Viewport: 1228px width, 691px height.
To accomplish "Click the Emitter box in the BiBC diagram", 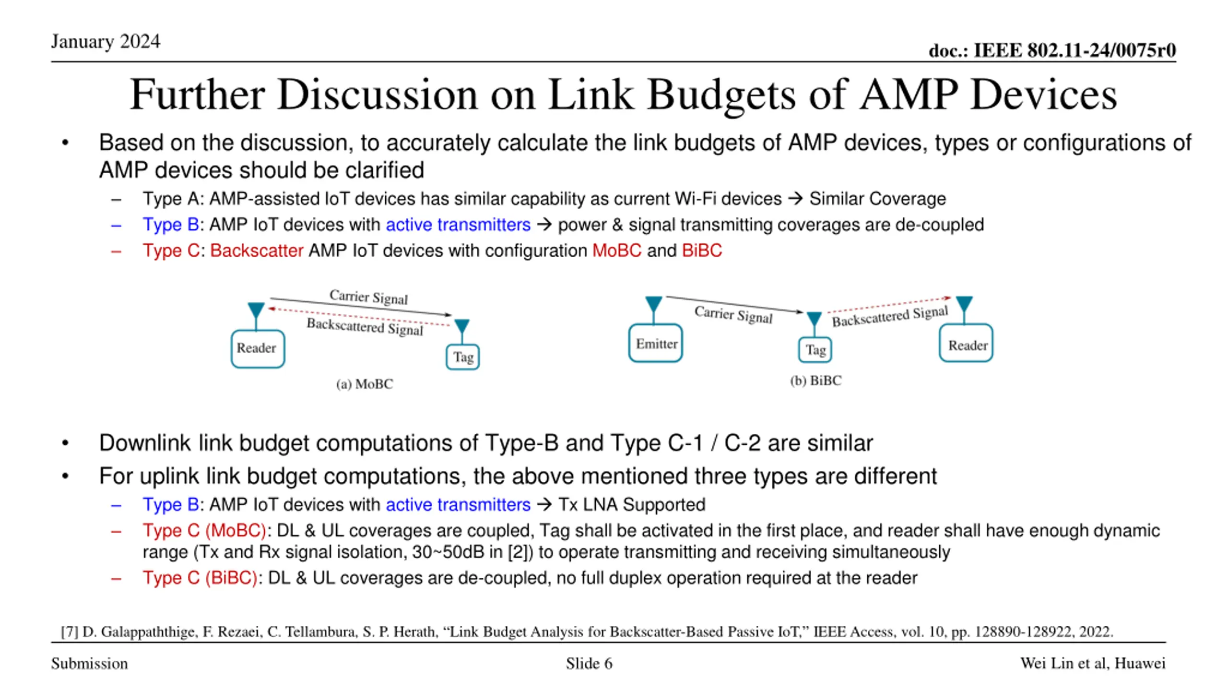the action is point(655,343).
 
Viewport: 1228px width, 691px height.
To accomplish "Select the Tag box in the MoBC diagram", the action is point(462,357).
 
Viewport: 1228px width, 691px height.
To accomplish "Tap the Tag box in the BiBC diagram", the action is point(815,350).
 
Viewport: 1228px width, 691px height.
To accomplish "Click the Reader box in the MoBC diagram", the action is point(258,348).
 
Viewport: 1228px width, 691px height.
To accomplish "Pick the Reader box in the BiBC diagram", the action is point(966,344).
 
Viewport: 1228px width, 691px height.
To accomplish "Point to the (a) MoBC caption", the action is point(365,384).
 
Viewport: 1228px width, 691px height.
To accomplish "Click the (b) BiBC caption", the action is point(815,381).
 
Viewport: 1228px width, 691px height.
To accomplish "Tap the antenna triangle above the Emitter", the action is point(654,304).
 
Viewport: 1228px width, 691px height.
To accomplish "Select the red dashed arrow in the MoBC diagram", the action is point(360,317).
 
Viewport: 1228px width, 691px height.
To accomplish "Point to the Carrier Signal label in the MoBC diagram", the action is point(368,297).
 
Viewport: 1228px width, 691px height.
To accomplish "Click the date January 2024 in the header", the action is point(106,42).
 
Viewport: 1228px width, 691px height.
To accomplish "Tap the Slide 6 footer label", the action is point(589,664).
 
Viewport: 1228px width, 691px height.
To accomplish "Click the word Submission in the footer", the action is point(90,664).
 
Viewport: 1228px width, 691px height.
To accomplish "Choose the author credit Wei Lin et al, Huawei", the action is point(1092,663).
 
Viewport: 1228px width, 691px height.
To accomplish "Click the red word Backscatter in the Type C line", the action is point(257,250).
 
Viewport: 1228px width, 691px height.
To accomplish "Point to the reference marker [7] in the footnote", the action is point(70,631).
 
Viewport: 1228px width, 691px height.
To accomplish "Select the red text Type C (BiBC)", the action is point(200,578).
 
